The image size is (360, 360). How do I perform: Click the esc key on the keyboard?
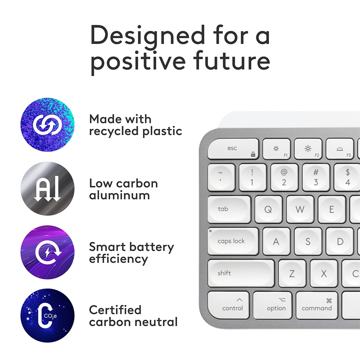[233, 149]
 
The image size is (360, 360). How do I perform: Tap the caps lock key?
[233, 241]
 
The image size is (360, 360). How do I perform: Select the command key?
[317, 305]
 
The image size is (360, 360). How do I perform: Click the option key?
[273, 305]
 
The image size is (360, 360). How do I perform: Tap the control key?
[228, 305]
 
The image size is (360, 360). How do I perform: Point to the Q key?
[269, 209]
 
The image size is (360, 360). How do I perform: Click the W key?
[300, 209]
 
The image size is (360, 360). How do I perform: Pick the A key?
[276, 241]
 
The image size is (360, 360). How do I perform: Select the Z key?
[292, 274]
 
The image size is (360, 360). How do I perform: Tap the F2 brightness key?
[308, 149]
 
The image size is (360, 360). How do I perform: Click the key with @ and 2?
[284, 177]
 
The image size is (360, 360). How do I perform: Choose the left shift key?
[241, 274]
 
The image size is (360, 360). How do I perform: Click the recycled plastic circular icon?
[47, 125]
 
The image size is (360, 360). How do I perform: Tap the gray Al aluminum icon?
[47, 189]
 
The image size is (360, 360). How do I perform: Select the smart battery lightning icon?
[47, 252]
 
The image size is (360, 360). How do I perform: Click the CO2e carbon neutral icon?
[47, 316]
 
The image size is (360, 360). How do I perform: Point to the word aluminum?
[120, 195]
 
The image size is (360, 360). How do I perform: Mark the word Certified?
[115, 310]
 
